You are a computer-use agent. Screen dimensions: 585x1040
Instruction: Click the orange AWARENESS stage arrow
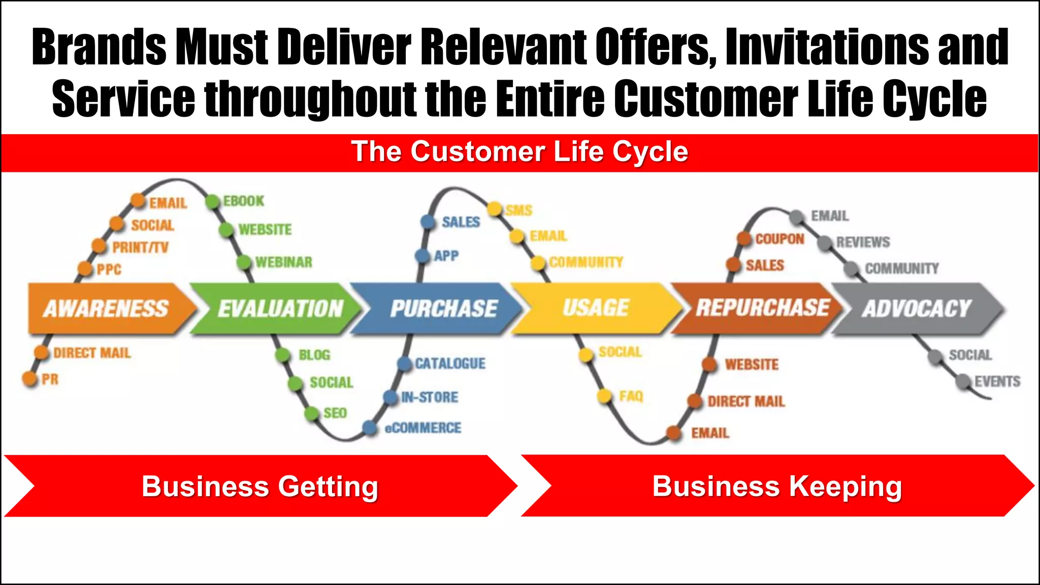tap(107, 308)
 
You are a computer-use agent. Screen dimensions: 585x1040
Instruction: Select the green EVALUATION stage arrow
tap(277, 308)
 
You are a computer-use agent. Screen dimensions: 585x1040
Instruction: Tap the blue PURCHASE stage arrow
tap(439, 308)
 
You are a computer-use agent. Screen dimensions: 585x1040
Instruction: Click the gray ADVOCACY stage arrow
tap(917, 308)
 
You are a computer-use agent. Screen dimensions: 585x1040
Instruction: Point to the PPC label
tap(109, 269)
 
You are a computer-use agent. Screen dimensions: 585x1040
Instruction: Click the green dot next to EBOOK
tap(213, 202)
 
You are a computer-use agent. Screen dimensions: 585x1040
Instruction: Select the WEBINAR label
tap(284, 262)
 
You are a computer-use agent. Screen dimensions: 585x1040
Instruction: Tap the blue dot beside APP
tap(422, 255)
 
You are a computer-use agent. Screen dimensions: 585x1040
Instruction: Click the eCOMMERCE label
tap(423, 428)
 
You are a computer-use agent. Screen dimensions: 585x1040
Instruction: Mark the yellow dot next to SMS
tap(494, 209)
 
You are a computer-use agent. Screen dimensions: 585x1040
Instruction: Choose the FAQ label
tap(631, 396)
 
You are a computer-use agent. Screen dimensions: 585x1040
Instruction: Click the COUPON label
tap(779, 239)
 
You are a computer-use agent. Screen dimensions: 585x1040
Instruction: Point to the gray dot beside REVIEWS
tap(825, 243)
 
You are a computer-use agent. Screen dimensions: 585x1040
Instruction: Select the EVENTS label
tap(997, 381)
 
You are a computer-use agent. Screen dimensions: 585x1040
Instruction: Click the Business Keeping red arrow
tap(777, 486)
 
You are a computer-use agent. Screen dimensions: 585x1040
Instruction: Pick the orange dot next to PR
tap(30, 378)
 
